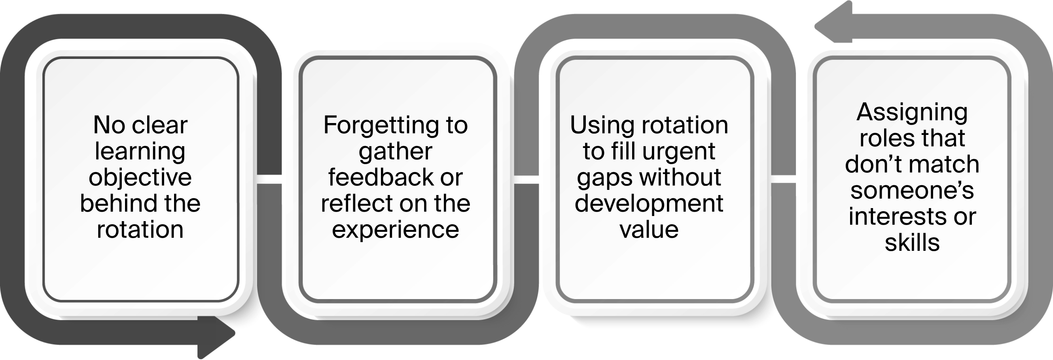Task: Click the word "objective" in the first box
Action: (140, 178)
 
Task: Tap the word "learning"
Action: (140, 152)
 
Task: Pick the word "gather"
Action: (395, 152)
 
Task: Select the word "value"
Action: (649, 229)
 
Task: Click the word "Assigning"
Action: (912, 112)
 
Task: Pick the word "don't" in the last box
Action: (870, 164)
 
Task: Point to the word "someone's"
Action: (912, 190)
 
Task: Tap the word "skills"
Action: (912, 243)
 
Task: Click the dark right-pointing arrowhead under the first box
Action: (216, 337)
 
